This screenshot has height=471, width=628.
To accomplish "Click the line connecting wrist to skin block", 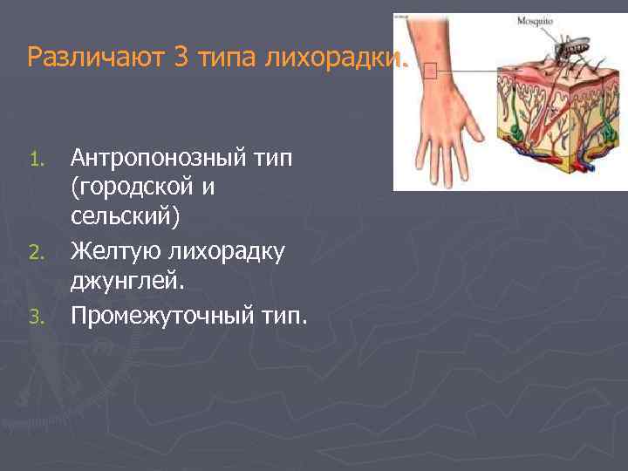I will coord(471,70).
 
